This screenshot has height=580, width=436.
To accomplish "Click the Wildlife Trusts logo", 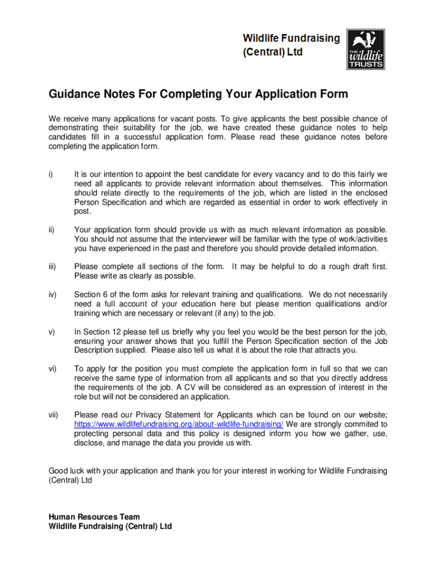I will [x=365, y=50].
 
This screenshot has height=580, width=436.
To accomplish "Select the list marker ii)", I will [x=52, y=229].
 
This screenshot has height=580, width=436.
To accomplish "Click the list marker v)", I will [x=52, y=332].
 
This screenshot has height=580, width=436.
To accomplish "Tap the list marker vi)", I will [x=52, y=369].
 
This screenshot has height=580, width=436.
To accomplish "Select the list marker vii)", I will [x=53, y=415].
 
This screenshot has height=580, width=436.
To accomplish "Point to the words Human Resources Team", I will [x=94, y=517].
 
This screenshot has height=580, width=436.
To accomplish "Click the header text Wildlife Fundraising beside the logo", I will [x=292, y=39].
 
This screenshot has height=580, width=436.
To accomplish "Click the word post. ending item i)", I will [x=83, y=211].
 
